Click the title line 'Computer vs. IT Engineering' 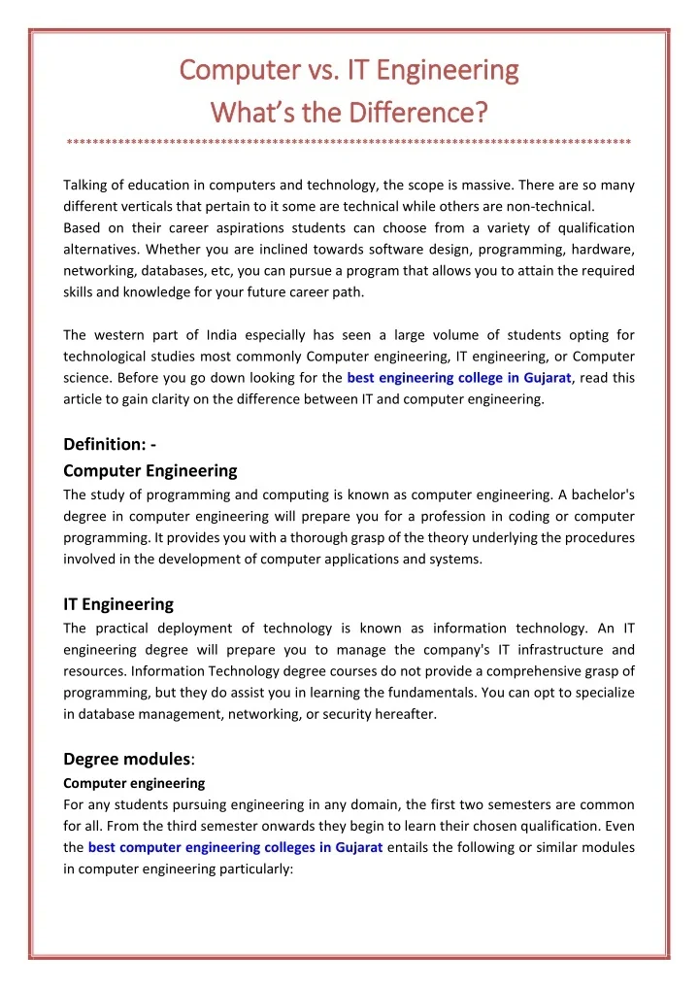pyautogui.click(x=349, y=71)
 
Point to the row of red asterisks pyautogui.click(x=349, y=143)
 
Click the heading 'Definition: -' pyautogui.click(x=110, y=445)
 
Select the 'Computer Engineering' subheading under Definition pyautogui.click(x=150, y=470)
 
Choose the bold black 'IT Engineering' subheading pyautogui.click(x=118, y=603)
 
